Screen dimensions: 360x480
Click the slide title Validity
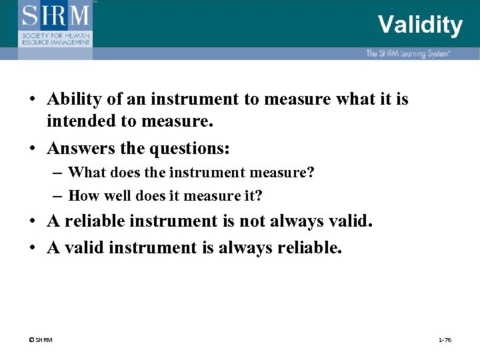click(419, 25)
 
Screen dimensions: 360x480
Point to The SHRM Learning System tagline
click(408, 53)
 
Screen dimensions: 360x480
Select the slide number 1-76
click(444, 340)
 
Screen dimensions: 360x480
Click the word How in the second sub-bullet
click(82, 195)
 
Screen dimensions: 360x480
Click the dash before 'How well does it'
click(57, 195)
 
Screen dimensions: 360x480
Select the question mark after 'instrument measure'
click(310, 173)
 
